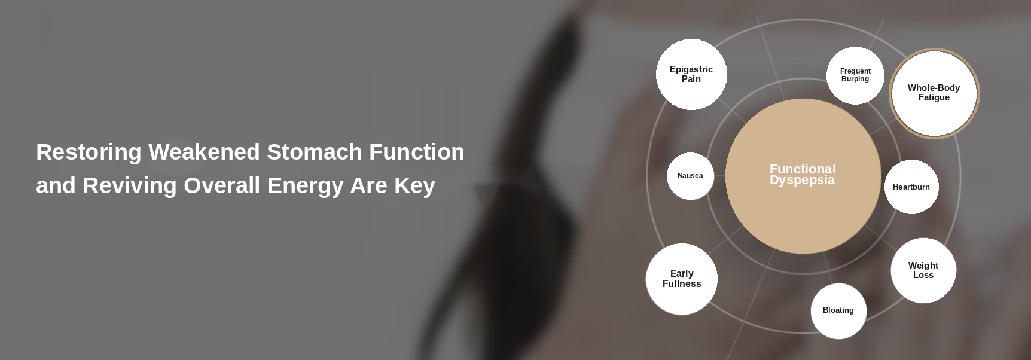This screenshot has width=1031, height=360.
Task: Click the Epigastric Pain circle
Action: click(x=691, y=74)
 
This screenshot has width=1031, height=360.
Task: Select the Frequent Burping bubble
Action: click(x=855, y=75)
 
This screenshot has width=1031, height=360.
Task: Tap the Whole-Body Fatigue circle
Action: click(x=934, y=93)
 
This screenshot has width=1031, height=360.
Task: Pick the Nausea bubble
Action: click(x=690, y=176)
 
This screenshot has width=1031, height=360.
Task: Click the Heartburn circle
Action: click(x=911, y=187)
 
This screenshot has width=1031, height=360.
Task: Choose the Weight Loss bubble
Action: click(x=923, y=270)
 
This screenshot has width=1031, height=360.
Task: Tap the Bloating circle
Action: click(x=838, y=311)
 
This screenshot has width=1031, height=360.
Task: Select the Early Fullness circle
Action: click(x=682, y=279)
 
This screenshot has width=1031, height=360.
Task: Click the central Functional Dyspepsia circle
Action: click(x=803, y=176)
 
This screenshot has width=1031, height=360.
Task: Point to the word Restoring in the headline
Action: click(x=89, y=152)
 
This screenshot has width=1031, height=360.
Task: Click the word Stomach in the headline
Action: click(x=315, y=152)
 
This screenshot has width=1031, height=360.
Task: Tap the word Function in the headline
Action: click(x=417, y=152)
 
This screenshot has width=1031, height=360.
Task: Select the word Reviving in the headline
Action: click(x=130, y=186)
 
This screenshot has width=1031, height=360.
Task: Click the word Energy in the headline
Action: click(x=306, y=186)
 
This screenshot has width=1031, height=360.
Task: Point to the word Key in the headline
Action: click(x=414, y=186)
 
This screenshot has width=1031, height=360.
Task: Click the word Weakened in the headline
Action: click(x=205, y=152)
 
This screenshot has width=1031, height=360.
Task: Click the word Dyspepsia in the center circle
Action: click(x=802, y=181)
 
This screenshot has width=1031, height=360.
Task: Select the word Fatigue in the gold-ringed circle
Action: click(x=934, y=97)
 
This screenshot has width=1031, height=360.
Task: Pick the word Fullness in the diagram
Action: click(x=682, y=283)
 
